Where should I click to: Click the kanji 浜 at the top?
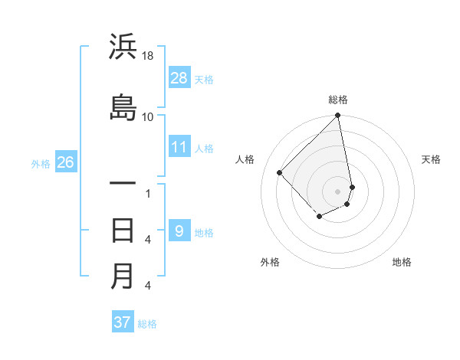tap(123, 47)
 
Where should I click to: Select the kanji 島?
tap(123, 107)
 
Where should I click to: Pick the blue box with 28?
tap(179, 78)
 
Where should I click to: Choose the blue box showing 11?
tap(179, 147)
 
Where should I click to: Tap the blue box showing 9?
tap(179, 231)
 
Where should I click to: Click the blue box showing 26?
tap(65, 162)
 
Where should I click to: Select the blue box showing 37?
tap(123, 322)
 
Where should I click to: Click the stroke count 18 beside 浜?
tap(148, 56)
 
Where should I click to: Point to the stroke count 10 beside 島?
tap(148, 116)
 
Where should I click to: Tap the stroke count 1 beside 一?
tap(148, 193)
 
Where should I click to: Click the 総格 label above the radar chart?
tap(338, 100)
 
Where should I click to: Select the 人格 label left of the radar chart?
tap(245, 159)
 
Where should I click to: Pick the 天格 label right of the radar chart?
tap(431, 159)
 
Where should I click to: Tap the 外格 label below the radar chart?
tap(270, 262)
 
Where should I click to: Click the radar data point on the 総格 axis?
tap(338, 116)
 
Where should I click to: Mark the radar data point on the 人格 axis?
tap(280, 172)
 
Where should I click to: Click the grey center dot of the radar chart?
tap(338, 191)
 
